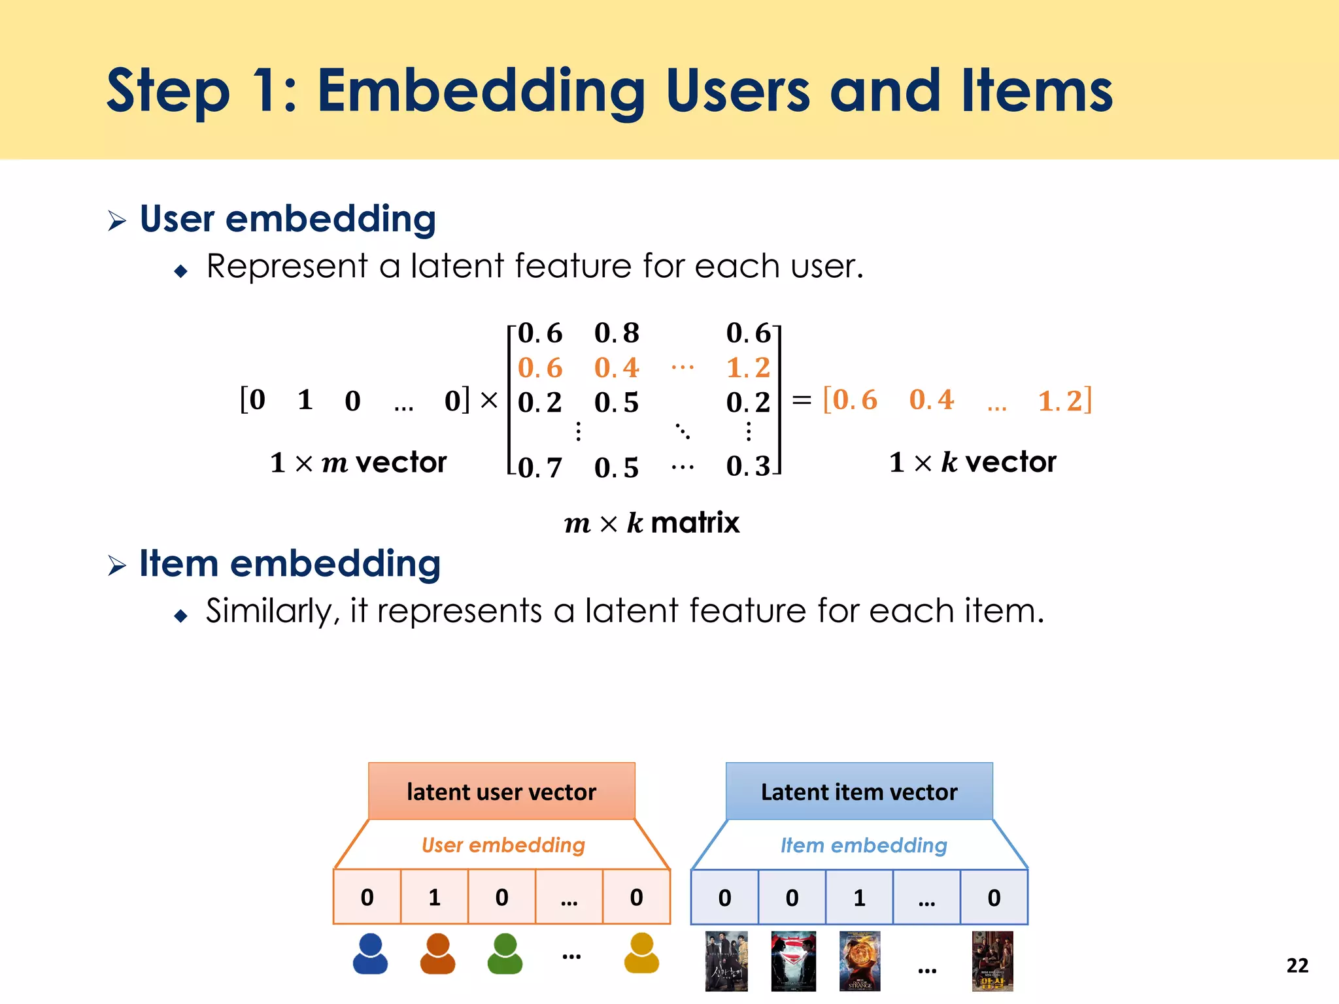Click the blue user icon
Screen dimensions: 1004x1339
point(370,954)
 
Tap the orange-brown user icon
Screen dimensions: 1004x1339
point(437,954)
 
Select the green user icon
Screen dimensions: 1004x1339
point(505,954)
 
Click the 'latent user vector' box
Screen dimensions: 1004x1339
point(501,792)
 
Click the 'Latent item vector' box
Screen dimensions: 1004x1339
point(859,792)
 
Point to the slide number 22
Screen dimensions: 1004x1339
point(1297,965)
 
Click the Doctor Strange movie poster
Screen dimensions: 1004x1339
point(860,961)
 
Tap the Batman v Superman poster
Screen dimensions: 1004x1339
point(793,961)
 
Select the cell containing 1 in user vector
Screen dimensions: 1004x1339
point(434,897)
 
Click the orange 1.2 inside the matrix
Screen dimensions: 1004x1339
point(748,368)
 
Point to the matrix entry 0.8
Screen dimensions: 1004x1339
point(616,333)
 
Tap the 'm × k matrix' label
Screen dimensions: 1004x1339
point(651,523)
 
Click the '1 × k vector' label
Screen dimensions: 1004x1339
point(972,462)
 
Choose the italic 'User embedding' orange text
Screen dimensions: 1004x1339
point(503,845)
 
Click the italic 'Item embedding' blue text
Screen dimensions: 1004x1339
point(863,846)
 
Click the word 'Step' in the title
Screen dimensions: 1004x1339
point(168,92)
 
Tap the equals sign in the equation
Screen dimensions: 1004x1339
point(802,400)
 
